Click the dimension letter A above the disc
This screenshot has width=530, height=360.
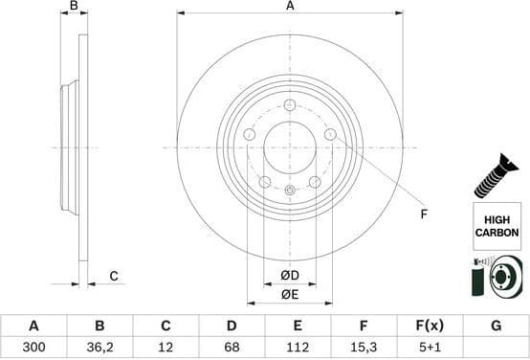[x=290, y=7]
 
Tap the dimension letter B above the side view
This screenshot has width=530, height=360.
[x=75, y=7]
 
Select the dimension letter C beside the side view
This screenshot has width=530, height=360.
[x=113, y=277]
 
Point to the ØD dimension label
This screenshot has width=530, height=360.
[x=290, y=277]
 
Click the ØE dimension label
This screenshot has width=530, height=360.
[x=290, y=295]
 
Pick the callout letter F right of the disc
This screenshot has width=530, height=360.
[x=424, y=214]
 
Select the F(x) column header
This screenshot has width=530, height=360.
[x=430, y=326]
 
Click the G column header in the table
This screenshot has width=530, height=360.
[x=496, y=326]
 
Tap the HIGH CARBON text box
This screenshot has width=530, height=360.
[x=497, y=226]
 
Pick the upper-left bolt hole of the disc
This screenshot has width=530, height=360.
[x=250, y=135]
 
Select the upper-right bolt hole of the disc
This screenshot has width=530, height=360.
[x=330, y=135]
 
